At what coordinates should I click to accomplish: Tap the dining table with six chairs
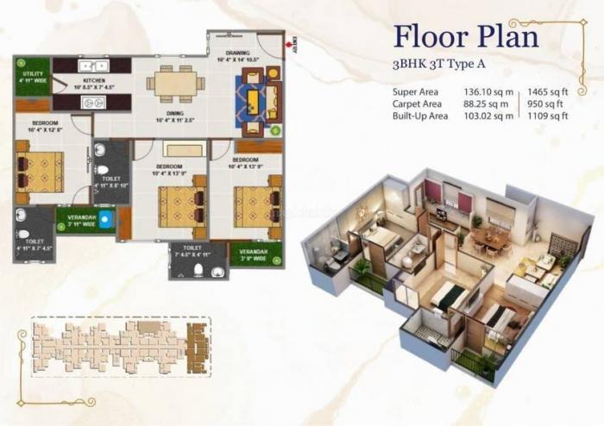tap(175, 83)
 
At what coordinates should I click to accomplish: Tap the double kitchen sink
tap(90, 65)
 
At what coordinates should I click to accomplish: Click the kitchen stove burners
tap(92, 103)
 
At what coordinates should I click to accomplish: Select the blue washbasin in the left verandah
tap(105, 220)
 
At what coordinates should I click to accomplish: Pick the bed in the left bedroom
tap(41, 169)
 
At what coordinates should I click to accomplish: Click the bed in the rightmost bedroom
tap(256, 204)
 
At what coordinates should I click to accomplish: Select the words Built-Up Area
tap(420, 116)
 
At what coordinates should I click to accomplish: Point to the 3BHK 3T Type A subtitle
tap(440, 65)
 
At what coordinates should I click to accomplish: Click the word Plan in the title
tap(503, 36)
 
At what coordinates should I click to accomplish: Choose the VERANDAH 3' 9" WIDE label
tap(249, 255)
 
